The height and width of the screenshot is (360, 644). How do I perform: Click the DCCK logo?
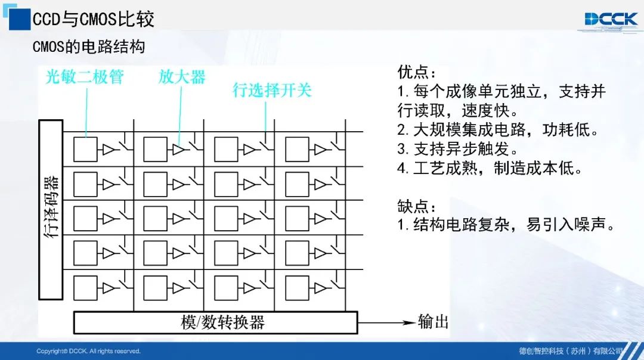(x=611, y=19)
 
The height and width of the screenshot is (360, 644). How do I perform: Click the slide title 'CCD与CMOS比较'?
(x=93, y=19)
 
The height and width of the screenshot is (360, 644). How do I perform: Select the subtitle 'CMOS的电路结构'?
(x=89, y=46)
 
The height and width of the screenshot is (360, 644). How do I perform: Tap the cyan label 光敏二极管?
(x=85, y=77)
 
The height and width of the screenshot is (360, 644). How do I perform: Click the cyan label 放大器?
(x=182, y=77)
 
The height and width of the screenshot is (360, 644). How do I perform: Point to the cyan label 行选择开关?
(x=272, y=90)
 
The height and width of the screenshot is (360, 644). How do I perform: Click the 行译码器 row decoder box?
(x=51, y=210)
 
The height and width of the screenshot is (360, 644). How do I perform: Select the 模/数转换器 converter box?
(x=216, y=322)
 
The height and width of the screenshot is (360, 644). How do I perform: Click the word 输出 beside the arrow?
(x=433, y=322)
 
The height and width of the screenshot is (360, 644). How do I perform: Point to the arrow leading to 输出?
(x=387, y=322)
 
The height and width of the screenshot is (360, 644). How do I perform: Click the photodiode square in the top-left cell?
(x=85, y=150)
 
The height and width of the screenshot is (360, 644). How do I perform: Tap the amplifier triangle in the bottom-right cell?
(x=320, y=288)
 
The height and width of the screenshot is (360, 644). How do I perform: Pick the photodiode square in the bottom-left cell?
(x=85, y=288)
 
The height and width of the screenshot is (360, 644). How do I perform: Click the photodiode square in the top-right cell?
(x=297, y=150)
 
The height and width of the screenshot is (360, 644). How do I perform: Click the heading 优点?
(x=416, y=72)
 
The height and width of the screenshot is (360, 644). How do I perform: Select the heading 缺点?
(x=416, y=206)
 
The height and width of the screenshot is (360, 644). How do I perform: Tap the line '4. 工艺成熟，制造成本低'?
(x=490, y=168)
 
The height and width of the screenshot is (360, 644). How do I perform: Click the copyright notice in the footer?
(x=88, y=352)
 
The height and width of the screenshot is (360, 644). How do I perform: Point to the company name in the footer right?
(x=571, y=352)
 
